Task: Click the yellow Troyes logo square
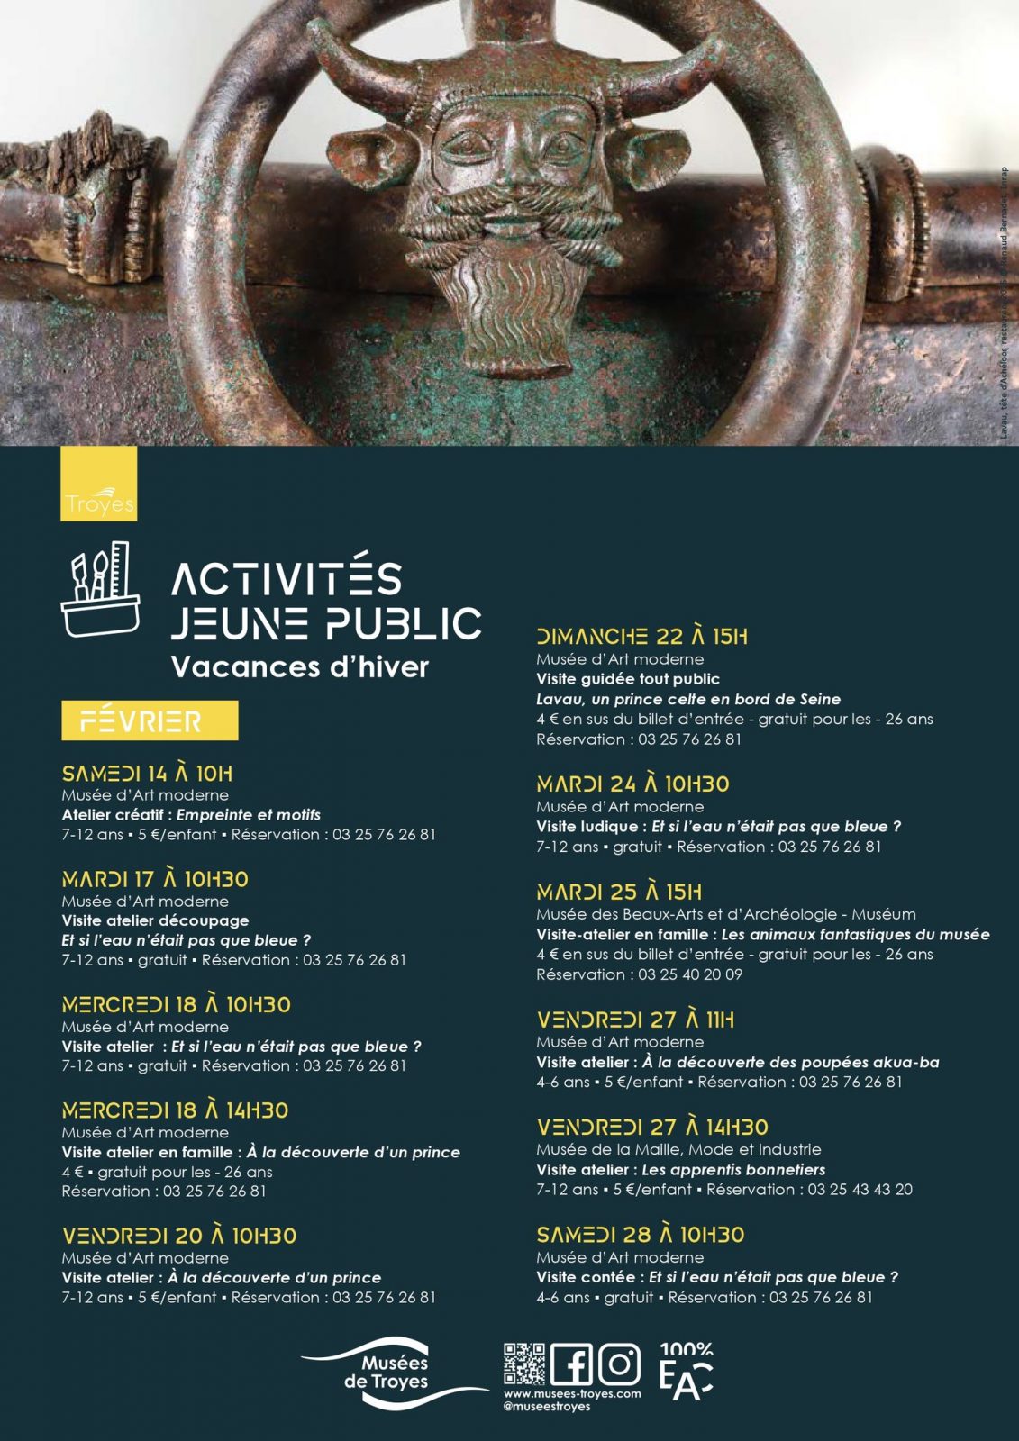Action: (99, 484)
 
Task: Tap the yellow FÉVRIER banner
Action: (150, 720)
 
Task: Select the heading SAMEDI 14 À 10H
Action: (147, 774)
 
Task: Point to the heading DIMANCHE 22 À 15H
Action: (641, 637)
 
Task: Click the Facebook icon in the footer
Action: (571, 1364)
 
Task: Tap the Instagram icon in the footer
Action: (619, 1364)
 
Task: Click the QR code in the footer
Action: (524, 1364)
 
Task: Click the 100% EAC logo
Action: (686, 1372)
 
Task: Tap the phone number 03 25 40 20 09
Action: (690, 974)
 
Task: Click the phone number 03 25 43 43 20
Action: (860, 1190)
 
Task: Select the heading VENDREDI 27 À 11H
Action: (635, 1020)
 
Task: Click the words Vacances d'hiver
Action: (300, 667)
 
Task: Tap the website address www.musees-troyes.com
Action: (572, 1393)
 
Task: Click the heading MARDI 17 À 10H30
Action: (155, 879)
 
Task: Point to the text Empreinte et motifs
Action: (249, 815)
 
